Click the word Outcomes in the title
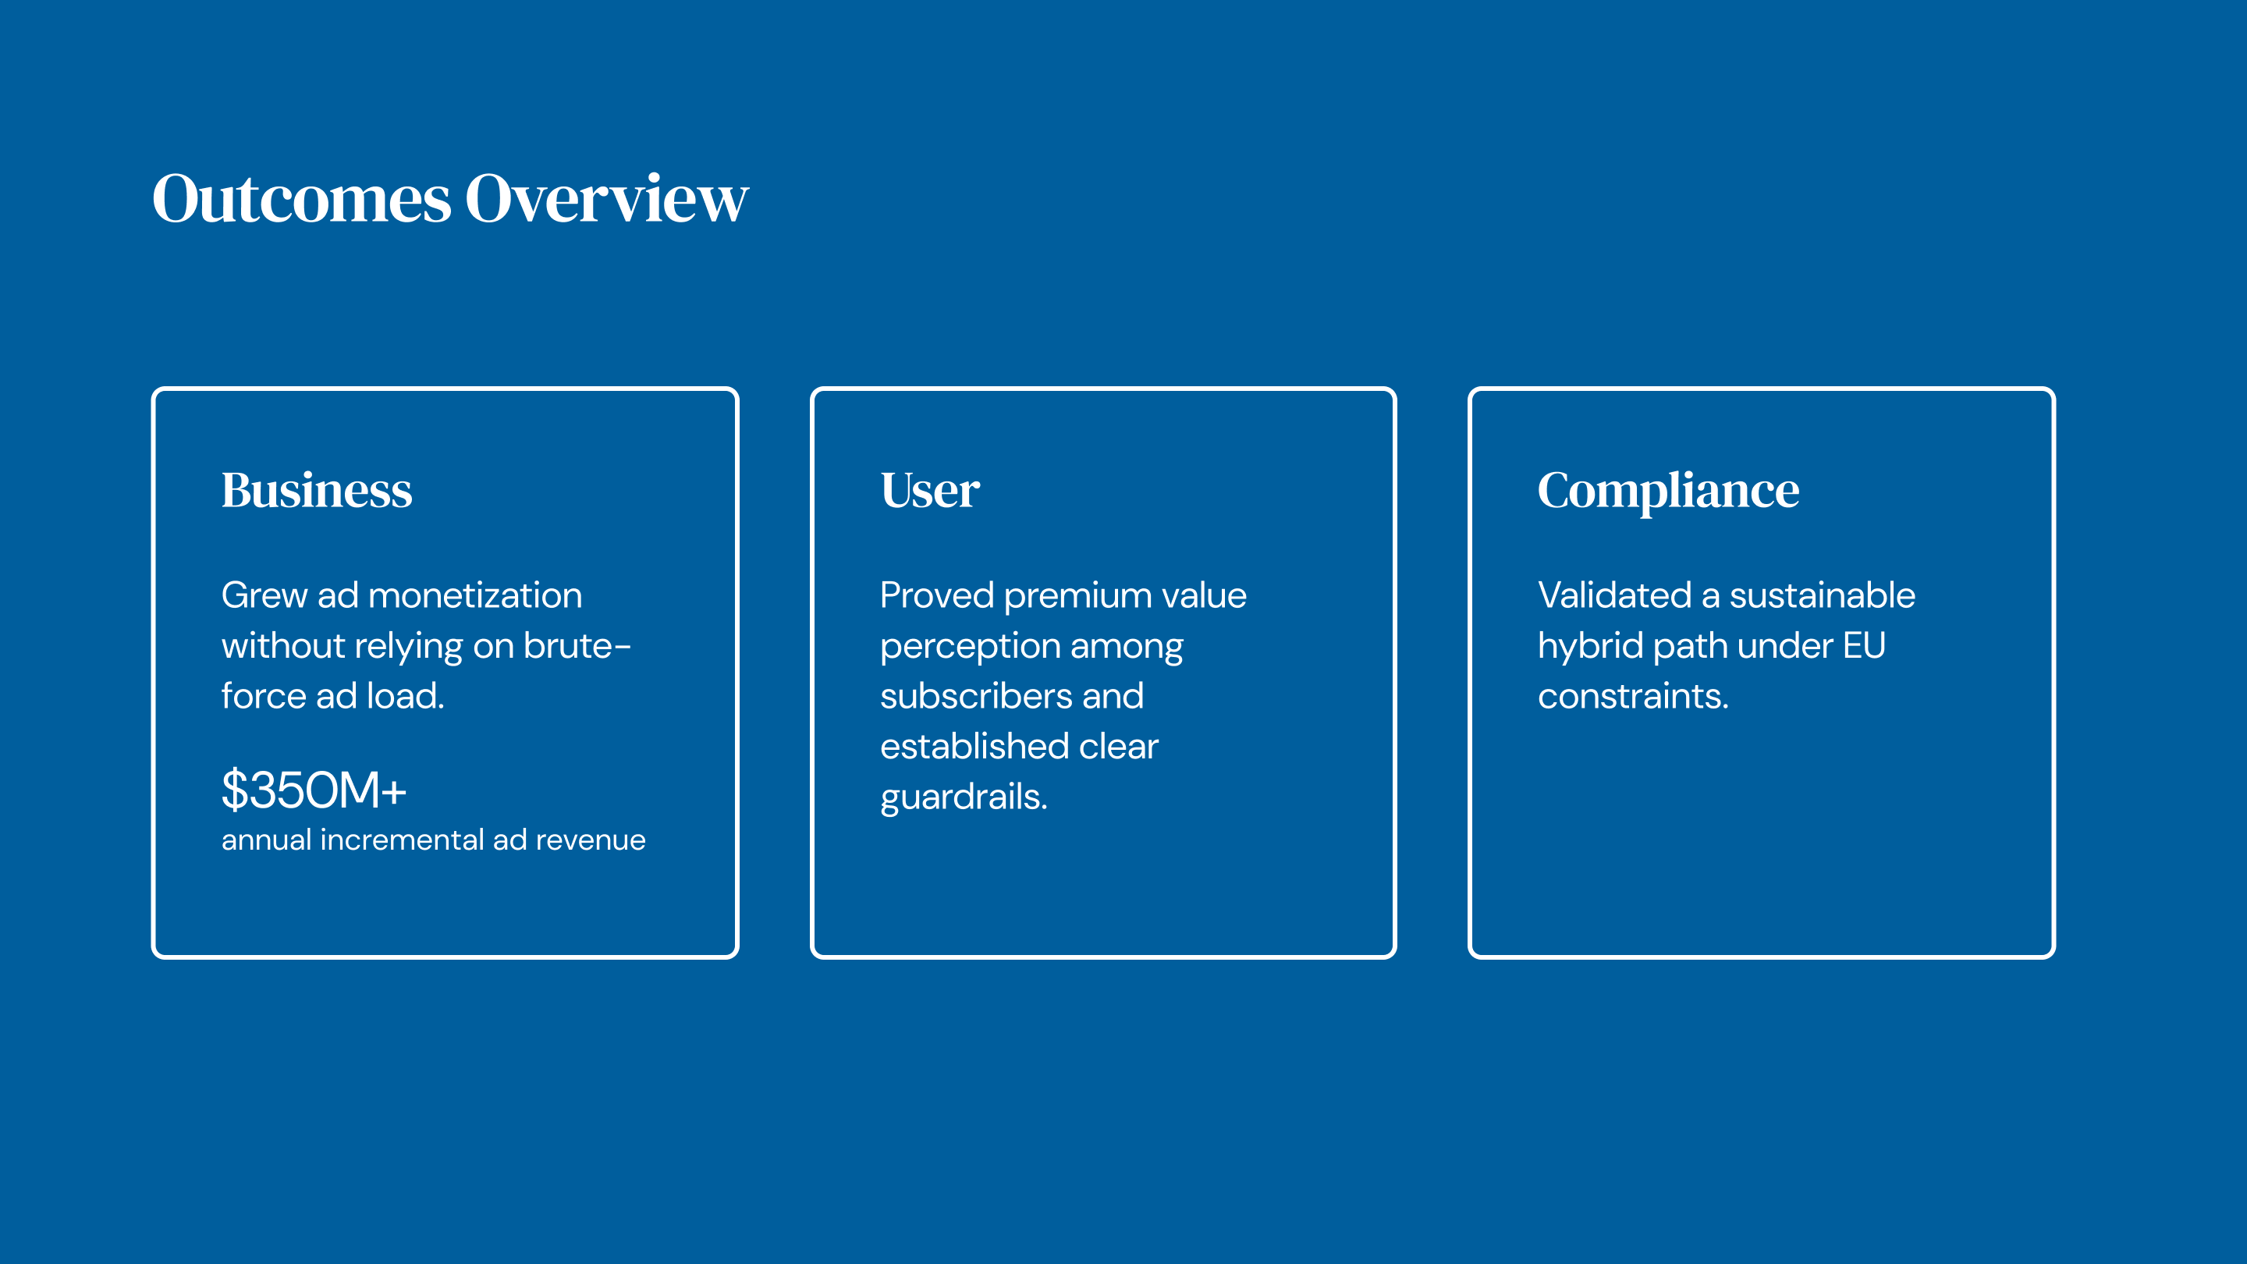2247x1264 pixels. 302,198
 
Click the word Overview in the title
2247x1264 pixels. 607,198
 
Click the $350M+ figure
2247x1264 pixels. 314,790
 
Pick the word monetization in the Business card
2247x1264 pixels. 475,596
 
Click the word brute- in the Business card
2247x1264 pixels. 577,645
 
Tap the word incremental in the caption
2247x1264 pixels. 402,840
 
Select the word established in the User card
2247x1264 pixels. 974,746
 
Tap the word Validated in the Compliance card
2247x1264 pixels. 1614,596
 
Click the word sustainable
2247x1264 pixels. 1823,596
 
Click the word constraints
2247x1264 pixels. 1633,696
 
